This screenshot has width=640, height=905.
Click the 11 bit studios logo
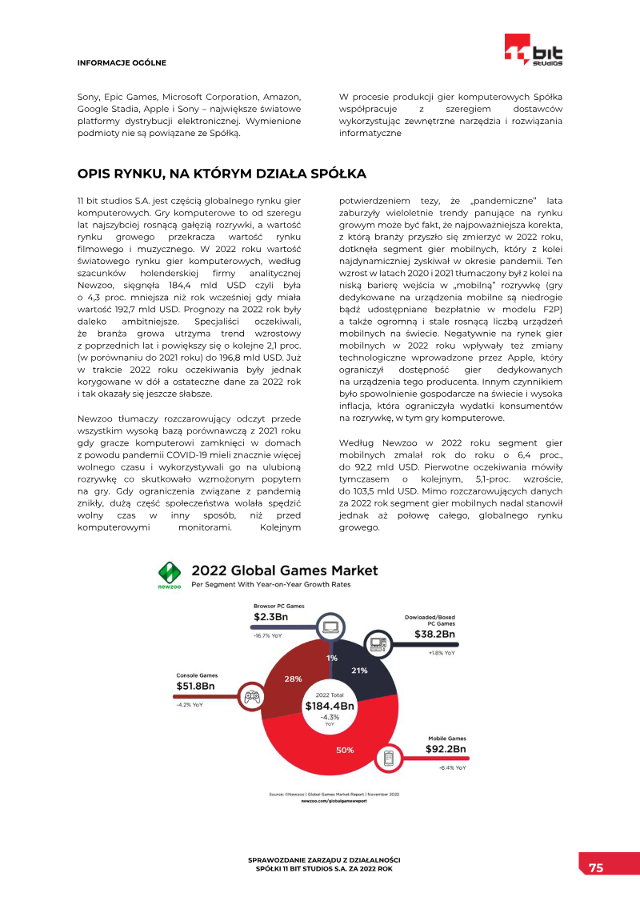pyautogui.click(x=534, y=50)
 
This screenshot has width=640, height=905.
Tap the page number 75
pyautogui.click(x=596, y=867)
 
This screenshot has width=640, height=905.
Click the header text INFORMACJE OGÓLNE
pyautogui.click(x=122, y=62)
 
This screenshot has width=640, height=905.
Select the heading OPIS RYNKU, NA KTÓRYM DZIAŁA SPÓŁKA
pyautogui.click(x=222, y=174)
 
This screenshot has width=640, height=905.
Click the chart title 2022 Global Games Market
pyautogui.click(x=285, y=571)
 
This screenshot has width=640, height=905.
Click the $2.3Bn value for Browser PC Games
pyautogui.click(x=271, y=617)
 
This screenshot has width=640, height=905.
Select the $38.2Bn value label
pyautogui.click(x=434, y=635)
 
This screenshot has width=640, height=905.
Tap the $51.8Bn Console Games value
pyautogui.click(x=196, y=686)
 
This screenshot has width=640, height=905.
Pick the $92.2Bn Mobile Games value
pyautogui.click(x=446, y=749)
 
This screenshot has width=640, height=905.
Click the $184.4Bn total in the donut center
pyautogui.click(x=330, y=707)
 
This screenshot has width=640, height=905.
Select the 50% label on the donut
pyautogui.click(x=345, y=750)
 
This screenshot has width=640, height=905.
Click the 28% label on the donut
pyautogui.click(x=293, y=679)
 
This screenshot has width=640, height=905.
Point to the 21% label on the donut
pyautogui.click(x=359, y=671)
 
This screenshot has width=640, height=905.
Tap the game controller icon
pyautogui.click(x=251, y=697)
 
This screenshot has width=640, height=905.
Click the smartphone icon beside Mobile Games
pyautogui.click(x=390, y=757)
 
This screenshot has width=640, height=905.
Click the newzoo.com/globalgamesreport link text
pyautogui.click(x=332, y=800)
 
